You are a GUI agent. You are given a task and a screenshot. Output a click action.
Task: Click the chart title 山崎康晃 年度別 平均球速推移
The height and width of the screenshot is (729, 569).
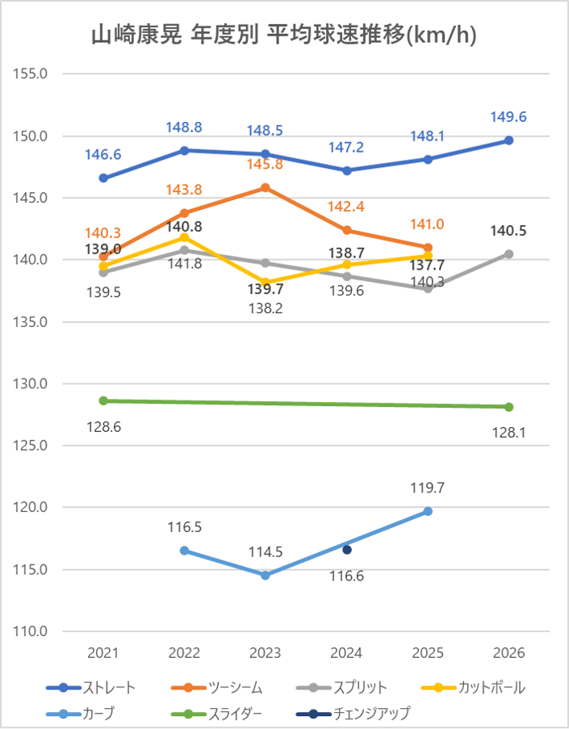[283, 36]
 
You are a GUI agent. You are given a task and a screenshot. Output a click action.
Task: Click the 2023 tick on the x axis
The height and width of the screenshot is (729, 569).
[266, 652]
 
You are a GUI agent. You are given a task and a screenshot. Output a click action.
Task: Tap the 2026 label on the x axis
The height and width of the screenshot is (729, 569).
[508, 652]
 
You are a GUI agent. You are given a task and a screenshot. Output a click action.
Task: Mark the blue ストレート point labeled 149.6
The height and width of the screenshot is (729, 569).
[508, 140]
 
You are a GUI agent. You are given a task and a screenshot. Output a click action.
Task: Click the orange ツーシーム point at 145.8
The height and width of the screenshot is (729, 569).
[266, 187]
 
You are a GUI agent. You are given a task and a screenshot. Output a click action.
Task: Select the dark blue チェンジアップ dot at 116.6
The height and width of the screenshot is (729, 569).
[347, 550]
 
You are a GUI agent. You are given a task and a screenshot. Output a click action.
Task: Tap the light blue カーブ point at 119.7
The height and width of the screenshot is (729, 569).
[428, 511]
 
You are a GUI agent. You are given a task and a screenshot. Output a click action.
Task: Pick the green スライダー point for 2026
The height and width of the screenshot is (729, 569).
[508, 407]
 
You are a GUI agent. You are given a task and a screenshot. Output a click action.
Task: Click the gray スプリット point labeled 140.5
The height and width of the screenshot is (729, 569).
[508, 253]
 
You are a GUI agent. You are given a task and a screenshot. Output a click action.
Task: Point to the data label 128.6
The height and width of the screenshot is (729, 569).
[104, 425]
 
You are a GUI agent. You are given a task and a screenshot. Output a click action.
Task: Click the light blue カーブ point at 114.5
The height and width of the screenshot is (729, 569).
[266, 576]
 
